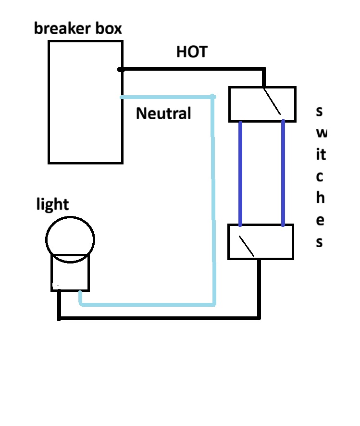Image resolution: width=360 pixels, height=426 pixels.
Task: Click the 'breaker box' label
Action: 78,28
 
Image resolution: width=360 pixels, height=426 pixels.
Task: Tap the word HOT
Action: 192,51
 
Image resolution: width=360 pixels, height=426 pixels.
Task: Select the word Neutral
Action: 163,113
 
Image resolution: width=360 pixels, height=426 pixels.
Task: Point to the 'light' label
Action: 52,204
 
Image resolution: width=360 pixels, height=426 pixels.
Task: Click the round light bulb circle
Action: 70,236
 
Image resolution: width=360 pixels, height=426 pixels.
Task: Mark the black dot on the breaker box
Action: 121,70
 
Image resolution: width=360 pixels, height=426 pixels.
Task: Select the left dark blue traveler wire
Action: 240,173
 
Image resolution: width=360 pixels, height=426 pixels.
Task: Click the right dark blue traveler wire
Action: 283,173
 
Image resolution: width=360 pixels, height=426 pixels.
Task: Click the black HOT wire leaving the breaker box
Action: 192,69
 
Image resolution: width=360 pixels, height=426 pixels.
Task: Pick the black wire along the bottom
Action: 159,318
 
